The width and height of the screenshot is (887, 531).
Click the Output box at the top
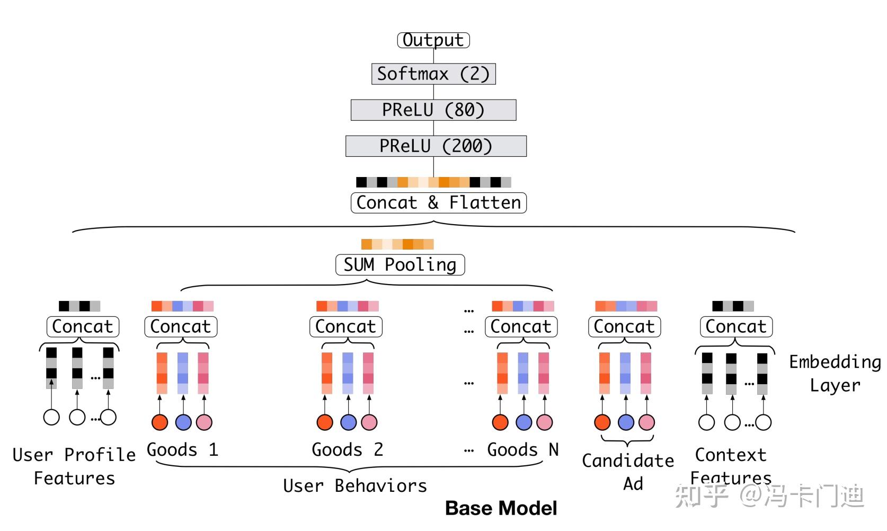tap(433, 40)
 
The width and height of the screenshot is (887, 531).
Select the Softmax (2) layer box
tap(433, 74)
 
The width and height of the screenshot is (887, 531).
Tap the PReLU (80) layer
tap(433, 110)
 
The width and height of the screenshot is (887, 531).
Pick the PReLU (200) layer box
tap(436, 146)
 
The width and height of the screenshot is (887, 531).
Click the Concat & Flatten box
tap(438, 203)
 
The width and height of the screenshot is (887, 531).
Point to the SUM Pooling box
tap(400, 265)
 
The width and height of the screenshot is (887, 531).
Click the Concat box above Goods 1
tap(181, 327)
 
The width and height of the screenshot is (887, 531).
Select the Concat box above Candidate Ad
tap(624, 327)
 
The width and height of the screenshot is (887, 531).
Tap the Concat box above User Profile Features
tap(83, 327)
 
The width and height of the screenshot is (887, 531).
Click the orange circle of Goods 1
tap(160, 422)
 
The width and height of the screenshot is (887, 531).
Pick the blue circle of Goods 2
tap(348, 422)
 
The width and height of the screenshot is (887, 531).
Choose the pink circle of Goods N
tap(544, 422)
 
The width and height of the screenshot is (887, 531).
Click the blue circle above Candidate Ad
tap(626, 422)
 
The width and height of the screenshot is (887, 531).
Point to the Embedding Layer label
tap(835, 374)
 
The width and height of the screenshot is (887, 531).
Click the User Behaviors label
tap(354, 486)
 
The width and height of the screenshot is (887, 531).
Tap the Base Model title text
tap(501, 508)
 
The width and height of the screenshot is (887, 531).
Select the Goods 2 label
tap(347, 450)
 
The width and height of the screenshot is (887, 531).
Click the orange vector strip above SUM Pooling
tap(397, 244)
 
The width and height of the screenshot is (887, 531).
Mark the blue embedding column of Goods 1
tap(183, 373)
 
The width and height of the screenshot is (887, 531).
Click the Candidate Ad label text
tap(628, 472)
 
